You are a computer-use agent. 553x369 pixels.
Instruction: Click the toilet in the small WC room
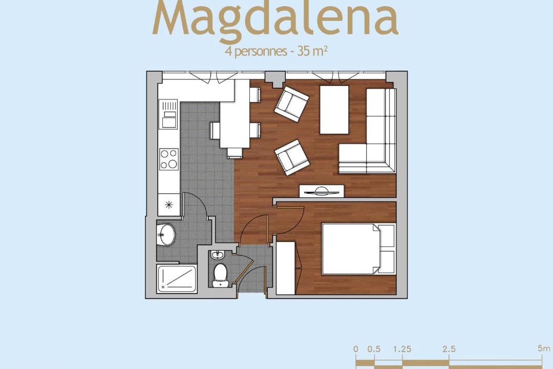(x=221, y=275)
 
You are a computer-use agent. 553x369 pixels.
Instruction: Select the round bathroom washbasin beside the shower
(x=166, y=234)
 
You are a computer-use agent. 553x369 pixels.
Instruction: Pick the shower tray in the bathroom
(x=177, y=278)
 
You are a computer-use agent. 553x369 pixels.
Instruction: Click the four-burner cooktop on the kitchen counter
(x=169, y=159)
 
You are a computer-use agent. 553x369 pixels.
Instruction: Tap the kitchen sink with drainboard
(x=168, y=114)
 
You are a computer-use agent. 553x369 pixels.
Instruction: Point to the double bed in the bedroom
(x=358, y=249)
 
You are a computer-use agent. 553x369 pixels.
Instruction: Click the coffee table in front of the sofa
(x=334, y=110)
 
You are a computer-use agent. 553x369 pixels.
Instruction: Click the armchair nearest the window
(x=292, y=104)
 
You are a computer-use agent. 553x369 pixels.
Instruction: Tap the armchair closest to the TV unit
(x=292, y=157)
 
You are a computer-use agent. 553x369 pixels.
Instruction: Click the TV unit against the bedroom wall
(x=322, y=191)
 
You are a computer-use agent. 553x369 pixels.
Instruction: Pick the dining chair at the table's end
(x=235, y=153)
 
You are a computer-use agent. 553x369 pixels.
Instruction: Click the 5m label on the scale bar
(x=544, y=348)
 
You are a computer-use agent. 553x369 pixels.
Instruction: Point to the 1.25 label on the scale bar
(x=402, y=349)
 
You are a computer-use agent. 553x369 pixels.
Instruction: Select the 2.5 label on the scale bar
(x=449, y=349)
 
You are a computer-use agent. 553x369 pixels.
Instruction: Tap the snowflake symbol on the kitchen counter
(x=169, y=204)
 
